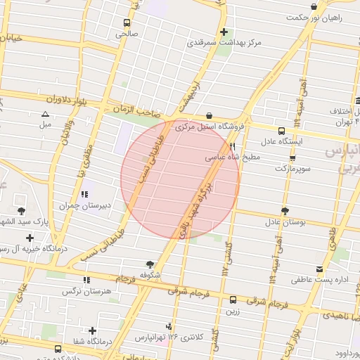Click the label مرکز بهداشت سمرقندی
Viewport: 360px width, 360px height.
tap(224, 43)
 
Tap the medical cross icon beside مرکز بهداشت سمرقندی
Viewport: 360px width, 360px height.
tap(224, 32)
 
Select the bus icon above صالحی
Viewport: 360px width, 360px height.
tap(127, 22)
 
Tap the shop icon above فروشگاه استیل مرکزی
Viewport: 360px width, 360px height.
tap(209, 116)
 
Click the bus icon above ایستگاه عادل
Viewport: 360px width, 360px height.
tap(282, 131)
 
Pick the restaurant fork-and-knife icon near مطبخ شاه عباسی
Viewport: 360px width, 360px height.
tap(232, 148)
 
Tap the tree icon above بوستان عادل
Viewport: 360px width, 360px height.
tap(285, 211)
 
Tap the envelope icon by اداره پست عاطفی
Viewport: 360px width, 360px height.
tap(321, 269)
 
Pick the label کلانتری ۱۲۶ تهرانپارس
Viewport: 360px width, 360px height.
tap(169, 337)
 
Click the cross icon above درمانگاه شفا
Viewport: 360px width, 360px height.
tap(92, 330)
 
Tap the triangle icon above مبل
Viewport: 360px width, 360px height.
tap(46, 114)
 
